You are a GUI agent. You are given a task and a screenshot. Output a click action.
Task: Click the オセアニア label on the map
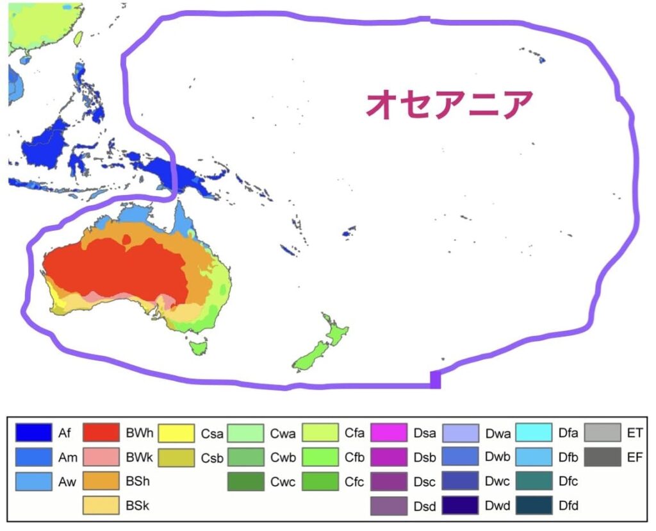tap(449, 104)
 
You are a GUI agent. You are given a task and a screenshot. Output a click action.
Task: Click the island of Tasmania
tap(199, 347)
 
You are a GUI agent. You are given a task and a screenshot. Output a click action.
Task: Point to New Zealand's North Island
tap(334, 332)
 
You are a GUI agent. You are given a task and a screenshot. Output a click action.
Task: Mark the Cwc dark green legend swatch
tap(245, 482)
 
